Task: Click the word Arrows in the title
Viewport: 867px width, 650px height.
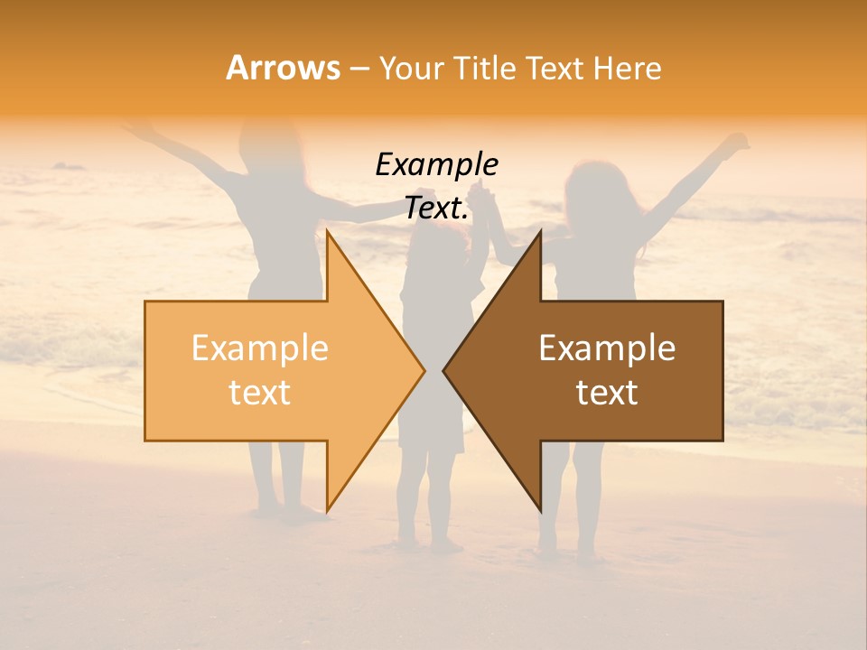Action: (283, 68)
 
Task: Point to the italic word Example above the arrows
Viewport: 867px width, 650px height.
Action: (436, 164)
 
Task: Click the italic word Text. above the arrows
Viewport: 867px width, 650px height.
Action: (436, 208)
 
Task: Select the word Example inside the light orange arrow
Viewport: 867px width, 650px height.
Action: (259, 348)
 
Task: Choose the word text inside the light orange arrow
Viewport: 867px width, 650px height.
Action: (259, 393)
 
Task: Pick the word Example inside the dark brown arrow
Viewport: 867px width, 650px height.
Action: (607, 348)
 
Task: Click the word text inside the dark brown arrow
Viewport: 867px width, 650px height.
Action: (607, 393)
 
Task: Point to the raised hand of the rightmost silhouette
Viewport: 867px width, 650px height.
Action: (739, 142)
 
